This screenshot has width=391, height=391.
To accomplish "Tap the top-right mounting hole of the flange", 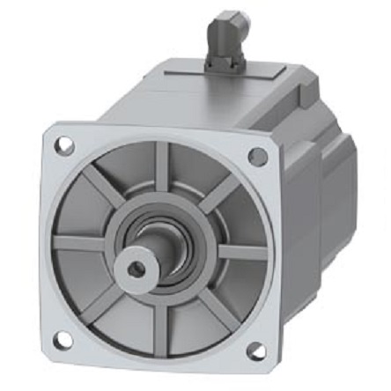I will point(257,156).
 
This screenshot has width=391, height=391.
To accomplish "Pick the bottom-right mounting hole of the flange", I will point(255,351).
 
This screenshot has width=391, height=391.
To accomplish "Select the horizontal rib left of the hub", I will point(80,240).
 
